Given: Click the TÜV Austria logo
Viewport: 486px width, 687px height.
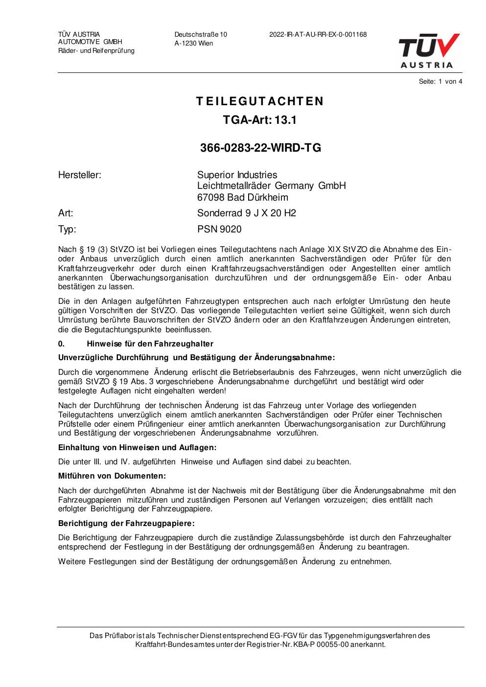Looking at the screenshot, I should [x=429, y=50].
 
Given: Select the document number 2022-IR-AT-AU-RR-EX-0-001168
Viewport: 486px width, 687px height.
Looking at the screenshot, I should [x=318, y=35].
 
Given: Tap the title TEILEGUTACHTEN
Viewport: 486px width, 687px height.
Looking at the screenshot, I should [x=260, y=101].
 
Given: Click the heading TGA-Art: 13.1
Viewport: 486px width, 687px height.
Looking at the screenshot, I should [x=260, y=120].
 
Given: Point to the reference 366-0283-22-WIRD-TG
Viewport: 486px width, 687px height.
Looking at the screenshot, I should [x=260, y=148].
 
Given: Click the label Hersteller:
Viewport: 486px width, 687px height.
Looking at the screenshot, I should [x=80, y=175].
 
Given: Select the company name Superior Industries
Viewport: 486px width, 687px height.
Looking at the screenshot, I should [x=237, y=175].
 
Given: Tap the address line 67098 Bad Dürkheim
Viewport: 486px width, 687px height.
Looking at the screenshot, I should [x=242, y=197].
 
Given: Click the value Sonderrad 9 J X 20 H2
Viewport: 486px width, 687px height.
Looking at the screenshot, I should [x=246, y=213].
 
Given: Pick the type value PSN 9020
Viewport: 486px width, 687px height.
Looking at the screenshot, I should [x=219, y=229].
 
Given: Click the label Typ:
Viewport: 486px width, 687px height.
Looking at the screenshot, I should [x=67, y=229].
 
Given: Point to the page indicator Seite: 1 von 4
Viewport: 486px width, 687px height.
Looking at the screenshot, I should [x=440, y=82].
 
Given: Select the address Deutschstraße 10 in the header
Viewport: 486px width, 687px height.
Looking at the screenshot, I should [x=201, y=35].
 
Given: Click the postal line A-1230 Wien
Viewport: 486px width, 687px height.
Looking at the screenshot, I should [x=194, y=43].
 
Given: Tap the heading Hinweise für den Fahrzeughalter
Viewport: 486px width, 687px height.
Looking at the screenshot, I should [x=150, y=343].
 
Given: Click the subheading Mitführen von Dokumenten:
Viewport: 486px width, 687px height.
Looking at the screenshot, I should [x=112, y=476].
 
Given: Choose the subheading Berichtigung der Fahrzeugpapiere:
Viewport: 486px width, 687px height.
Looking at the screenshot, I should [x=126, y=523].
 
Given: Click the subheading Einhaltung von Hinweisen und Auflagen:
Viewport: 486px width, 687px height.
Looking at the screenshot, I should [x=137, y=447].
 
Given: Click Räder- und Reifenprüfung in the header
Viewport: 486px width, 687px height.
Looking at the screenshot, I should [x=96, y=51].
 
